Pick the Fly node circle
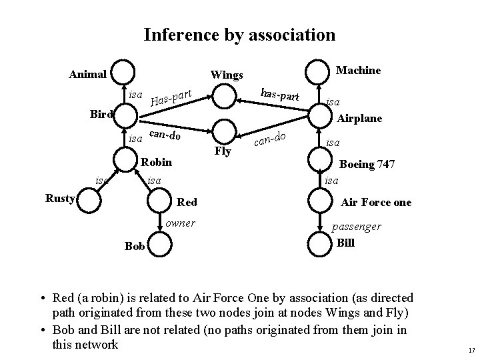coord(225,131)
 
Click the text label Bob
coord(135,247)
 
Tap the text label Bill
coord(346,243)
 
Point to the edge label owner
coord(180,223)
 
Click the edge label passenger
coord(358,227)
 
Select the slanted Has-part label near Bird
coord(171,99)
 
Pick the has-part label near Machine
coord(280,95)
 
